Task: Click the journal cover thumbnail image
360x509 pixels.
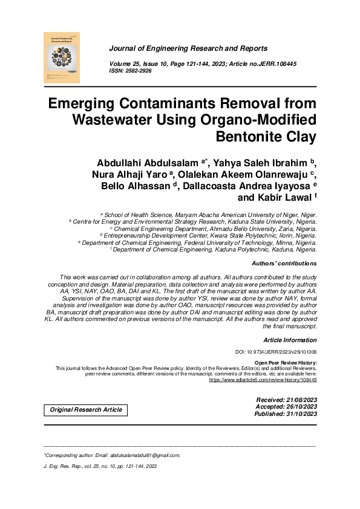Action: tap(62, 58)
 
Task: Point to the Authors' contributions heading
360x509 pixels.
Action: tap(284, 264)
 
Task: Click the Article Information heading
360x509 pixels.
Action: tap(290, 340)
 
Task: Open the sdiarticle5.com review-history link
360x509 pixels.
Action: tap(263, 380)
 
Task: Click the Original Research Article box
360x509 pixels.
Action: tap(86, 410)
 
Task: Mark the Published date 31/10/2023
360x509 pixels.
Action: tap(301, 413)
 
